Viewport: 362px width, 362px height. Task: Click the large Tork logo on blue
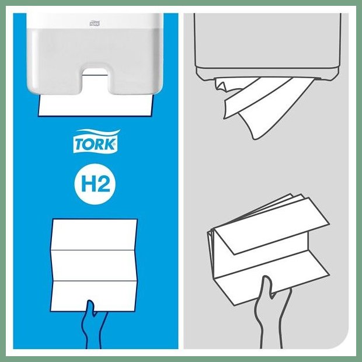[x=96, y=141]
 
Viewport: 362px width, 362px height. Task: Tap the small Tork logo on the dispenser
[x=95, y=23]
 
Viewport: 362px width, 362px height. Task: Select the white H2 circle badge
[x=95, y=184]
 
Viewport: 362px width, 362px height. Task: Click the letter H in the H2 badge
[x=88, y=185]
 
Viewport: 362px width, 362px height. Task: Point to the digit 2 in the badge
[x=103, y=185]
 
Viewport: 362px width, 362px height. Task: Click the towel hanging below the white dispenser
[x=95, y=105]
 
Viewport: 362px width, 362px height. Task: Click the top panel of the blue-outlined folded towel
[x=94, y=235]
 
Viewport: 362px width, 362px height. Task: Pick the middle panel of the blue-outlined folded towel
[x=94, y=266]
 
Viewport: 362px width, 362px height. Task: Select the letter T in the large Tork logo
[x=78, y=145]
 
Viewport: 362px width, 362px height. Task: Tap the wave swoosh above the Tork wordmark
[x=97, y=133]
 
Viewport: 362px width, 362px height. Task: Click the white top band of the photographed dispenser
[x=95, y=21]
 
